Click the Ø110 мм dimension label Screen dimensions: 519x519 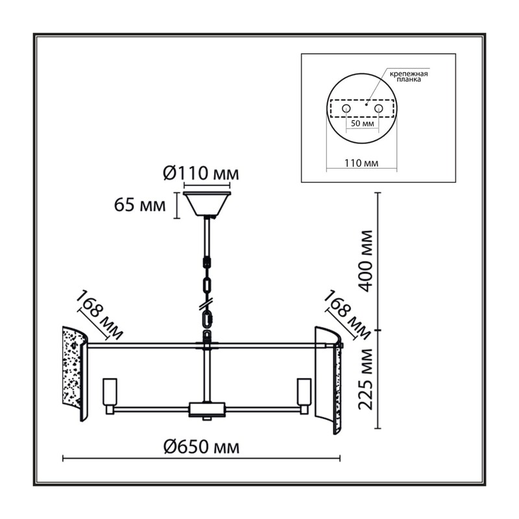click(201, 173)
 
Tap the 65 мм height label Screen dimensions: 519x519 click(139, 205)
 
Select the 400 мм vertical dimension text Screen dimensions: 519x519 click(366, 261)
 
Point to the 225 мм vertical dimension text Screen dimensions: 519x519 click(366, 379)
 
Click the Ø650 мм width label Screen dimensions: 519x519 click(201, 448)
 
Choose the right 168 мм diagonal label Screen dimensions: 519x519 click(347, 315)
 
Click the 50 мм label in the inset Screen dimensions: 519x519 click(363, 124)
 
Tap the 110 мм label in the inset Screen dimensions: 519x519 click(361, 163)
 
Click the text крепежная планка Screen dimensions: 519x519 click(409, 77)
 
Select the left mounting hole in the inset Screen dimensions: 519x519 click(346, 108)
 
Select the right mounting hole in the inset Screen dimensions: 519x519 click(378, 108)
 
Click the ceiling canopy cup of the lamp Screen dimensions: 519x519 click(207, 204)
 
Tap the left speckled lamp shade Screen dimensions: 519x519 click(75, 374)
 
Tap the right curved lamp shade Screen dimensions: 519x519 click(328, 380)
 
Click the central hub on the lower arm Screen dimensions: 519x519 click(207, 409)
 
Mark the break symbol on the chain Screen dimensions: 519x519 click(206, 304)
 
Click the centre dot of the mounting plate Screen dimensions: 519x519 click(366, 104)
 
